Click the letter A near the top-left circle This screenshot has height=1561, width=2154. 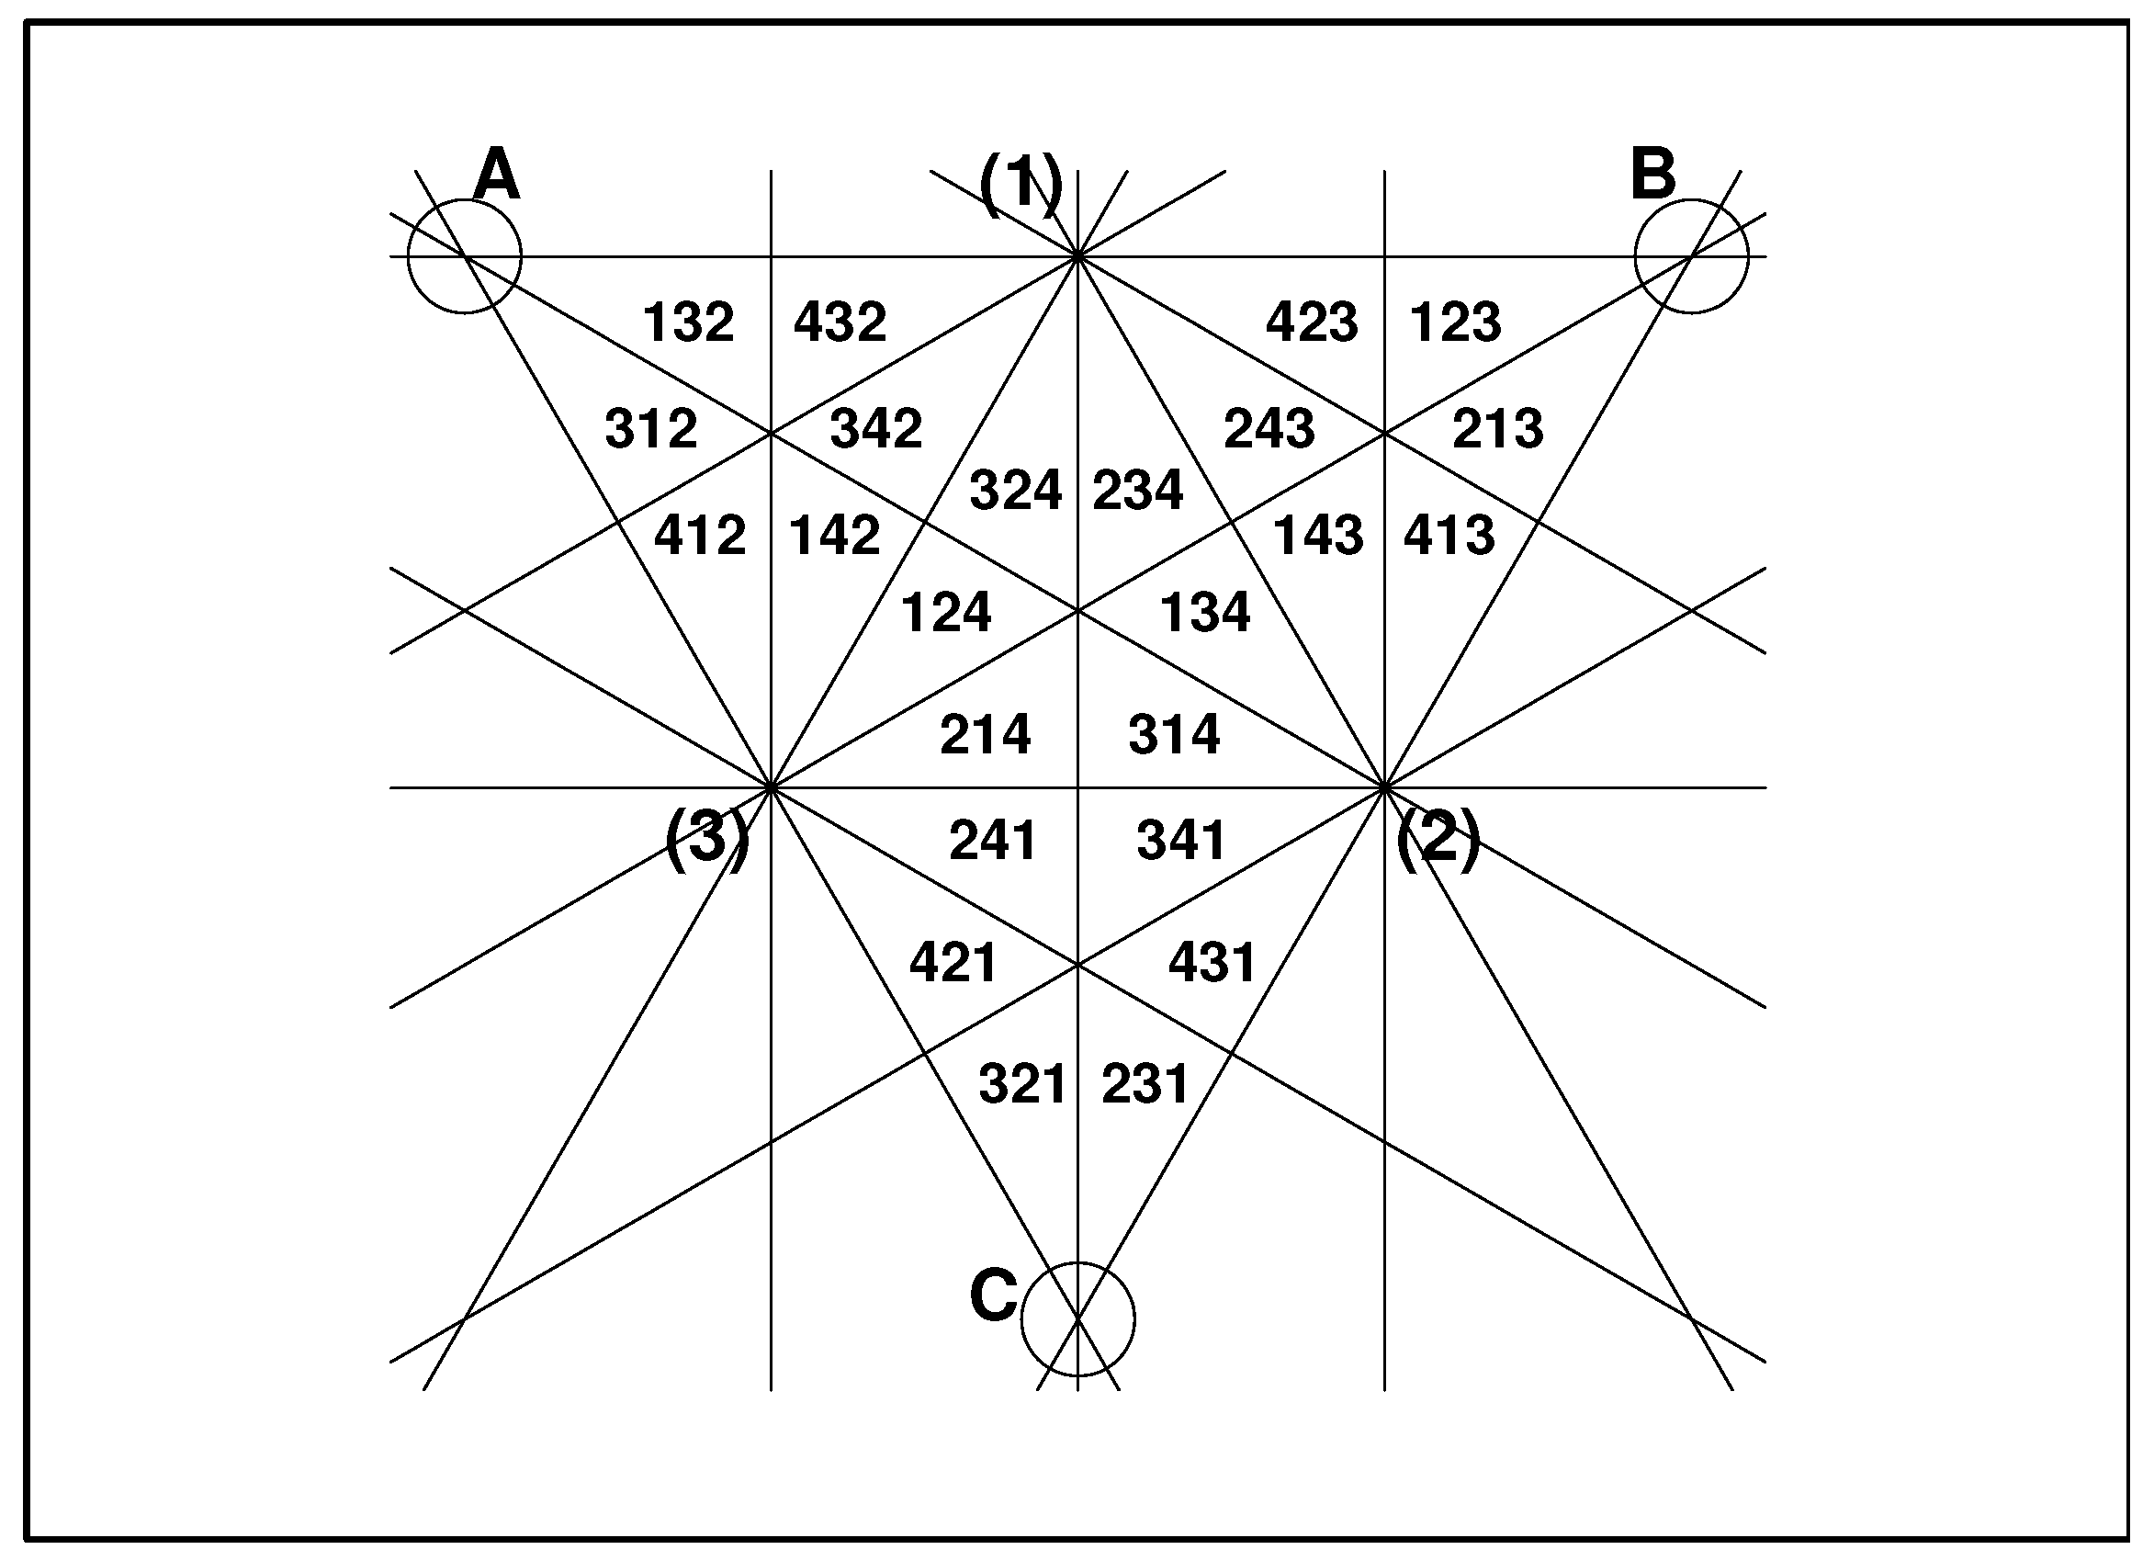coord(497,175)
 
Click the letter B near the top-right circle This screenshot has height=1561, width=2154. coord(1652,175)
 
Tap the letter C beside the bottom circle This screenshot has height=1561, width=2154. coord(994,1295)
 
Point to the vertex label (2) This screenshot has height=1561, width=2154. coord(1438,838)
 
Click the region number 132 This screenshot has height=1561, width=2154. coord(689,322)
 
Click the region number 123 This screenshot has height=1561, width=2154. coord(1455,322)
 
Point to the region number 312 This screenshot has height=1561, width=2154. coord(651,428)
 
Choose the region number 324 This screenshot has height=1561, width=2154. coord(1015,491)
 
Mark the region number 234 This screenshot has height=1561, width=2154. coord(1138,491)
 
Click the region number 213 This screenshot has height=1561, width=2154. coord(1498,428)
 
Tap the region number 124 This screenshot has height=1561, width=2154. coord(946,612)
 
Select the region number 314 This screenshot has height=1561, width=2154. coord(1174,734)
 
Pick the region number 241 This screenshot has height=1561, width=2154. coord(992,841)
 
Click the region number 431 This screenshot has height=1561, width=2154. coord(1212,963)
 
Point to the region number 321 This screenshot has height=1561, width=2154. coord(1023,1084)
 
